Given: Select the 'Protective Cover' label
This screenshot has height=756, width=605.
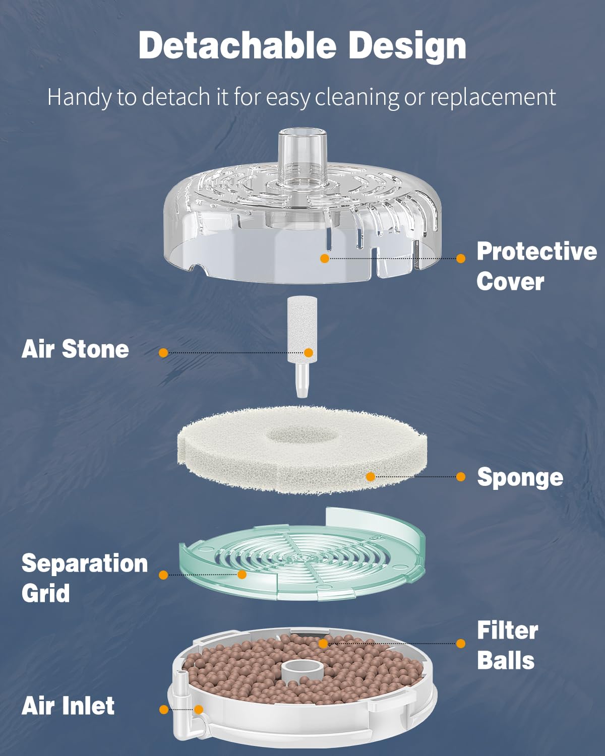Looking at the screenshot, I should (x=536, y=266).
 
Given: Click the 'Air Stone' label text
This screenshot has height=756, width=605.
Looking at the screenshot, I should (x=75, y=349).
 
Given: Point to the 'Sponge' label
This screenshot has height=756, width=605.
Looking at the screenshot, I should (x=520, y=477).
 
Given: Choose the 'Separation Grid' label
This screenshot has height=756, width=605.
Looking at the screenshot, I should (x=84, y=578).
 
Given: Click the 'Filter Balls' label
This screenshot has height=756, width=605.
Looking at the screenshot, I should (x=507, y=645).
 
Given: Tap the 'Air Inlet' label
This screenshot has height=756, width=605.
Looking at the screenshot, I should (x=68, y=706).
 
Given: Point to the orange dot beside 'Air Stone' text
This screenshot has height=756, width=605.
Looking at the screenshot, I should (x=163, y=353).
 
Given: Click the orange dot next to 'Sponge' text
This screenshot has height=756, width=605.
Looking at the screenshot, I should (x=460, y=477).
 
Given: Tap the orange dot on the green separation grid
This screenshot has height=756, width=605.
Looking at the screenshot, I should (x=242, y=574).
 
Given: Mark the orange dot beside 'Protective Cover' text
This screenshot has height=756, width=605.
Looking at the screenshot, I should (x=460, y=258).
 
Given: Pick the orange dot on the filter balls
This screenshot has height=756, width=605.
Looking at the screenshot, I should (x=323, y=643).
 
